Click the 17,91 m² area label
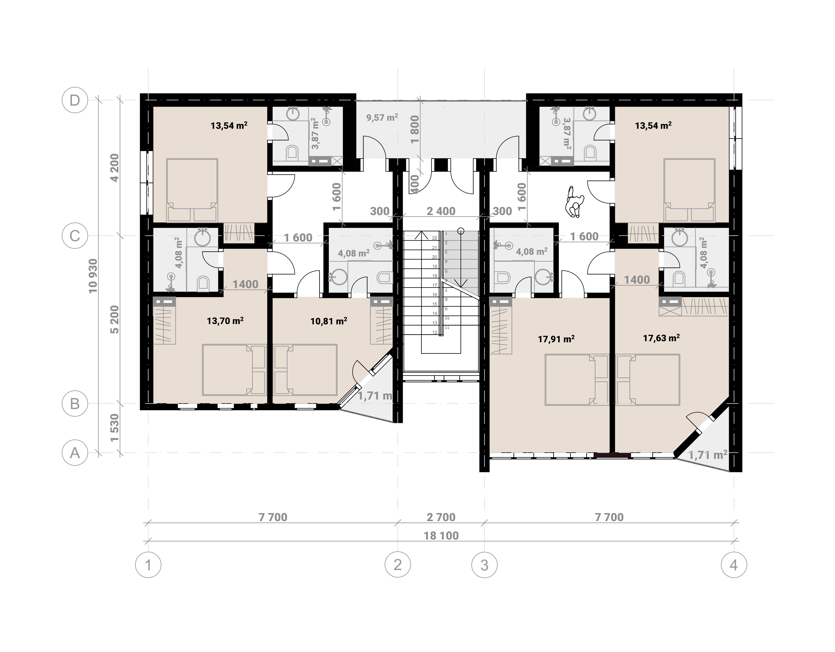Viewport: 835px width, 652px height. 556,339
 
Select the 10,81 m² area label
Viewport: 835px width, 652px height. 329,321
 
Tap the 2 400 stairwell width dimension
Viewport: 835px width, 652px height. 441,211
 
